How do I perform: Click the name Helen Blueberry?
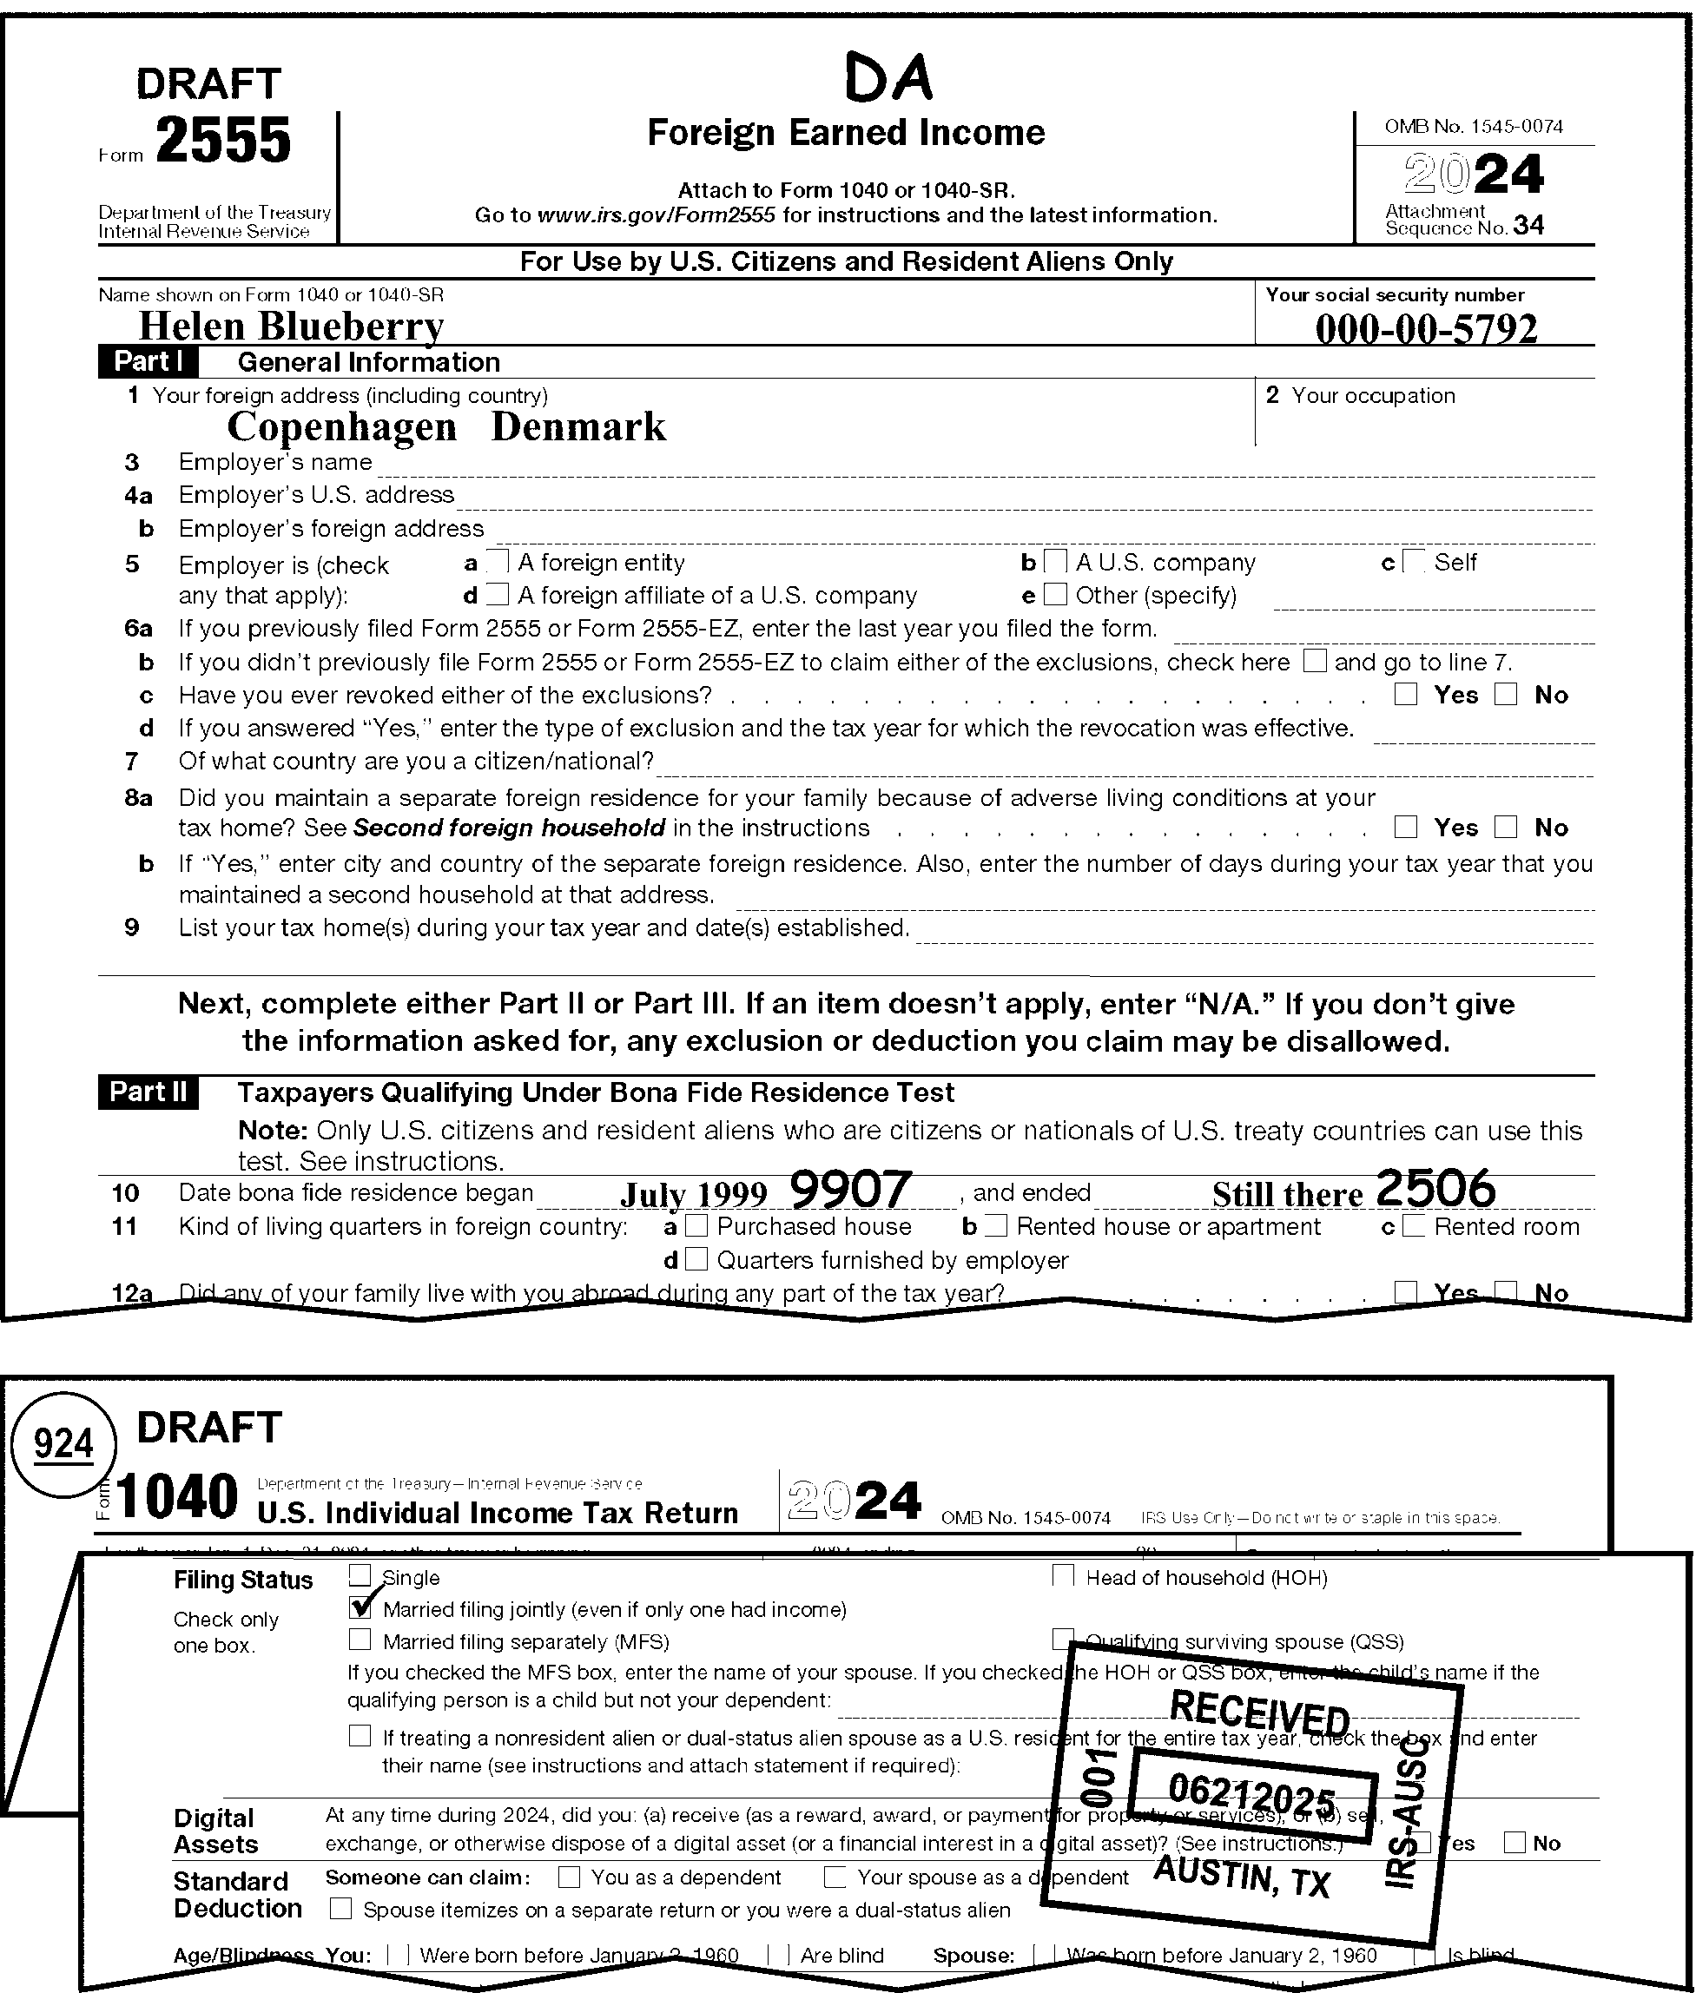point(291,327)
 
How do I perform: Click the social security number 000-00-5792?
point(1426,329)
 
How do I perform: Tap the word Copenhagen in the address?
point(341,427)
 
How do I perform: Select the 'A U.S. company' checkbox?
point(1055,563)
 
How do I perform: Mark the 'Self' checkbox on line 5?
point(1414,563)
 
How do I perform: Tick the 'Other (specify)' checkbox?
point(1055,595)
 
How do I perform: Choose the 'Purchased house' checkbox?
point(697,1227)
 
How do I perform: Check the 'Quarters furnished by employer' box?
point(697,1260)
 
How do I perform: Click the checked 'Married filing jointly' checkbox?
point(360,1608)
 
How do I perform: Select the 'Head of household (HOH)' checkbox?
point(1062,1577)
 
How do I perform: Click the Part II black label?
point(148,1093)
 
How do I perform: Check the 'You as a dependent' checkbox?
point(569,1877)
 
